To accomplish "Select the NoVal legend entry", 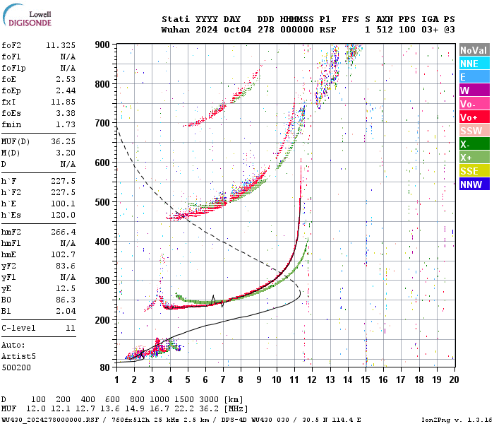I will tap(474, 51).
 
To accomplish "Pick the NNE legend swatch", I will tap(474, 64).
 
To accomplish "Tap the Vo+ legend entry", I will tap(474, 117).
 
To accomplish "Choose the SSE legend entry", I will tap(474, 171).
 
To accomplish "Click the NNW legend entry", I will tap(474, 184).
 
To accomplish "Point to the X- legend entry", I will tap(474, 144).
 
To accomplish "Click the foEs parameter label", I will tap(12, 112).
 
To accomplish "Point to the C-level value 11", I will tap(70, 328).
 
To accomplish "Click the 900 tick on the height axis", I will tap(103, 45).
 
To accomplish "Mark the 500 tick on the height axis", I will tap(103, 202).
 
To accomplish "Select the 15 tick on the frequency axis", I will tap(366, 379).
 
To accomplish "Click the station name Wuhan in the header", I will tap(175, 30).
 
